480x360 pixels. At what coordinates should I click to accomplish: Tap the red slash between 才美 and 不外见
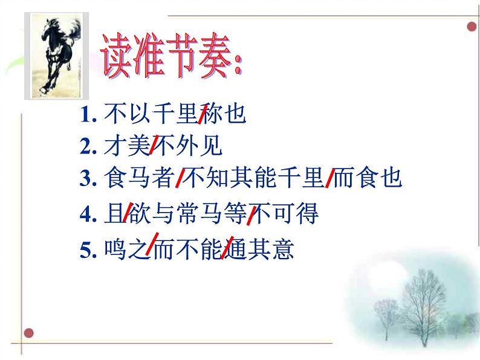[154, 144]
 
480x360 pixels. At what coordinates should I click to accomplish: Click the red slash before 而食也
[330, 179]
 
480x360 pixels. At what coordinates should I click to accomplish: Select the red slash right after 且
[128, 213]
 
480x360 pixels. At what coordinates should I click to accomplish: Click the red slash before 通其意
[229, 248]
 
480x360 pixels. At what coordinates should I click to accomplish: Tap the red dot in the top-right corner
[471, 27]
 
